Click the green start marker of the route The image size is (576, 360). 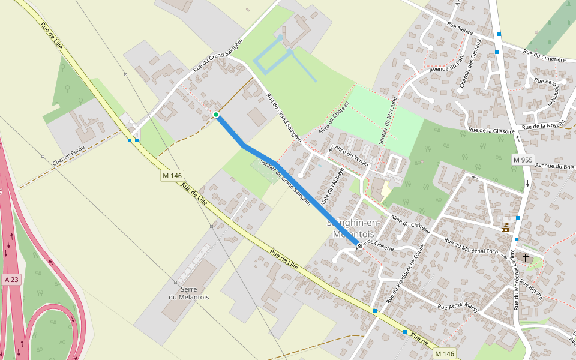coord(215,114)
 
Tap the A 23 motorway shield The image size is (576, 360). coord(11,279)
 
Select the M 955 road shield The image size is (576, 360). coord(523,160)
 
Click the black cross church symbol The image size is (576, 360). coord(526,258)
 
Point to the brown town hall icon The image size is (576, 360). coord(506,227)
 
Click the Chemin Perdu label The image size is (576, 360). coord(70,154)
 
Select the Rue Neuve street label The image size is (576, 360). coord(460,28)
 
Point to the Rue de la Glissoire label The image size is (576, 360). coord(491,130)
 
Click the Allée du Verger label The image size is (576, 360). coord(352,152)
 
